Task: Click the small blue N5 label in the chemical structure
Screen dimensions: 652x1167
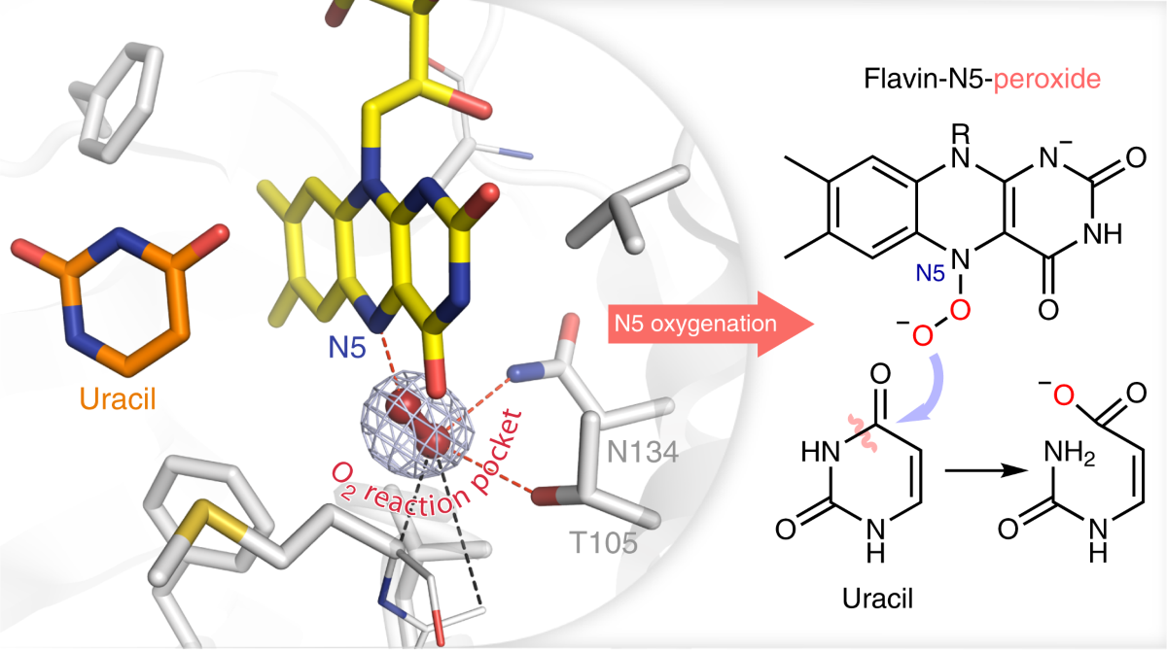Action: pyautogui.click(x=929, y=275)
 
